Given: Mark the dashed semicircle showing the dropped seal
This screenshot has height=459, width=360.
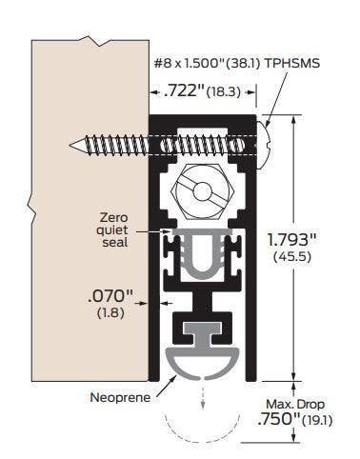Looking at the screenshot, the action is pyautogui.click(x=203, y=433).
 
